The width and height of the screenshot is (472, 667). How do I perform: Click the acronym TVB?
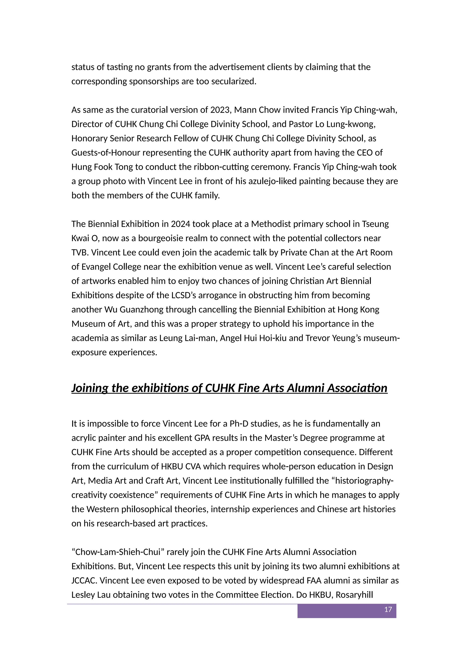(80, 252)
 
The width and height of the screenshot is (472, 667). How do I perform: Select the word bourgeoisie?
(160, 238)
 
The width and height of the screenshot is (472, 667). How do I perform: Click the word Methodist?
(269, 224)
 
